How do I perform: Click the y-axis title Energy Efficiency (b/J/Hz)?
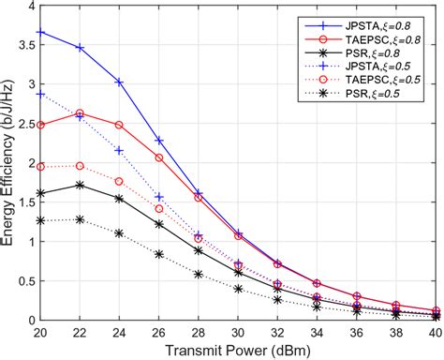(x=10, y=162)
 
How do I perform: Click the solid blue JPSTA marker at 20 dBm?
(x=40, y=33)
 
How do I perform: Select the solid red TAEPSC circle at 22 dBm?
(x=80, y=112)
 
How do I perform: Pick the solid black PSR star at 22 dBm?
(x=80, y=185)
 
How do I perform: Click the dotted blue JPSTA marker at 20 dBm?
(x=40, y=94)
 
